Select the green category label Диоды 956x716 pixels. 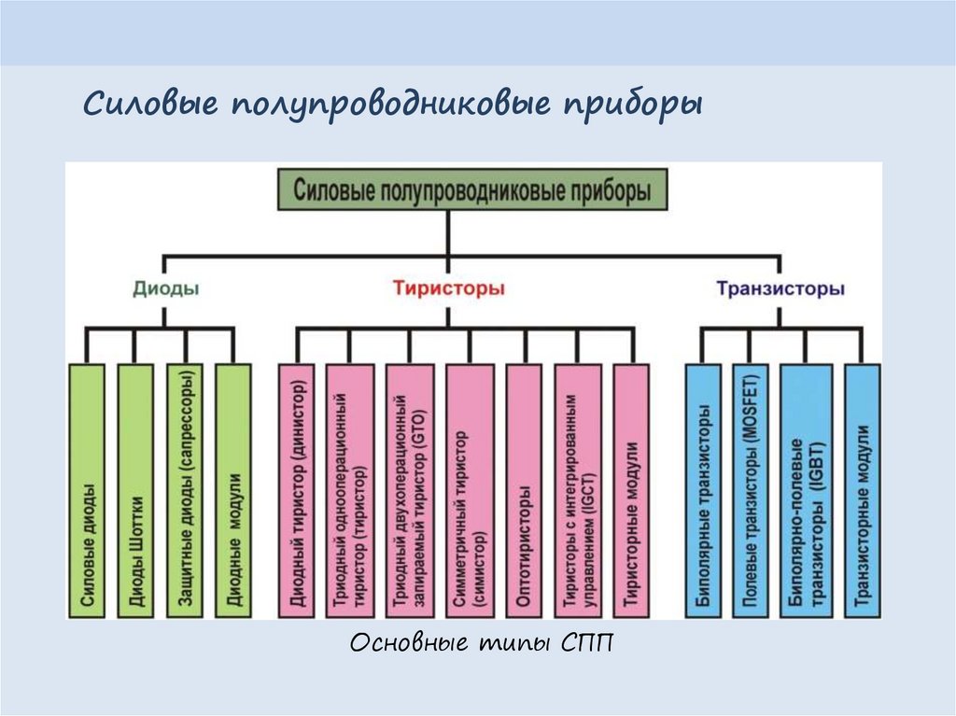click(165, 288)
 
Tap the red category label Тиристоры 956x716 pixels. click(448, 288)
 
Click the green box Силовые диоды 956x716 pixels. click(87, 490)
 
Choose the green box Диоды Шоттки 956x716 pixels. click(135, 490)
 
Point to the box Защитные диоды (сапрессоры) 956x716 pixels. click(184, 490)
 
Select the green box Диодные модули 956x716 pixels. click(233, 490)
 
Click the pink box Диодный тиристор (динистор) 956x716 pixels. click(296, 490)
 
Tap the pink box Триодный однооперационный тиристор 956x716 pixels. click(349, 490)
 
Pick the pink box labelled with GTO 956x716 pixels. click(409, 490)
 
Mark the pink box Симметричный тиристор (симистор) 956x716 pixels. click(469, 490)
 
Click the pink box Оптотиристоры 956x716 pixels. click(524, 490)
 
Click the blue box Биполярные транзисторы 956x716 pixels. click(704, 490)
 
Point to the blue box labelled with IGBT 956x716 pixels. click(806, 490)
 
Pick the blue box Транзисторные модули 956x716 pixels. click(862, 490)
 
